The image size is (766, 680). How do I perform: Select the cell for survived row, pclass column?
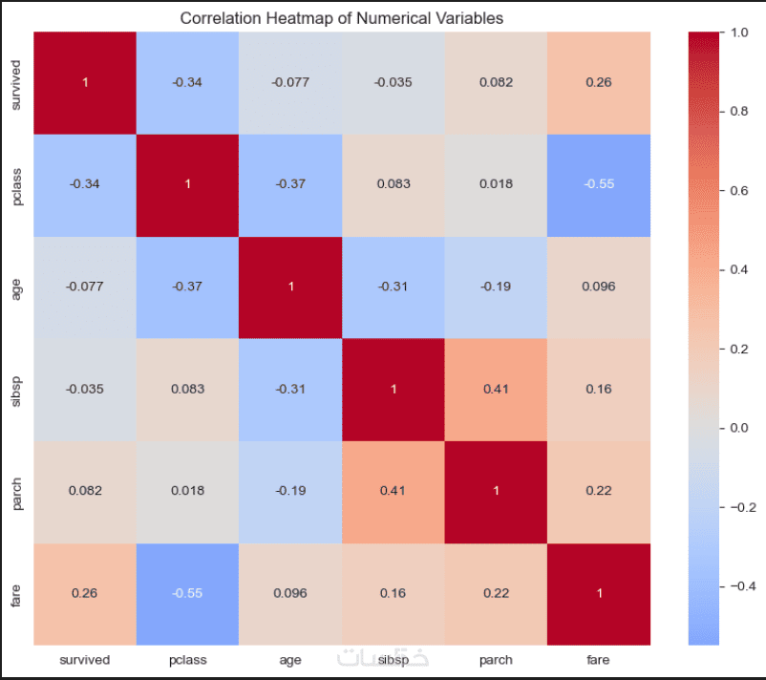click(187, 82)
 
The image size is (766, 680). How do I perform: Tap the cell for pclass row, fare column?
click(598, 184)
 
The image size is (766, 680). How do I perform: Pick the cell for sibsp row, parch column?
click(496, 389)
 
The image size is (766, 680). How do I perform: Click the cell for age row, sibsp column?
click(393, 287)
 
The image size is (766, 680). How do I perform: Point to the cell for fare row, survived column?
click(85, 593)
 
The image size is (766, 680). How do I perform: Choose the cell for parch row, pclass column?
click(187, 491)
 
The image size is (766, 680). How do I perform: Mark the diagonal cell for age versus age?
click(290, 287)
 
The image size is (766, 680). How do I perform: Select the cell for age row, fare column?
click(598, 287)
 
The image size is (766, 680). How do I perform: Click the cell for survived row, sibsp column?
click(393, 82)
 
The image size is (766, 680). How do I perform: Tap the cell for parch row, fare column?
click(598, 491)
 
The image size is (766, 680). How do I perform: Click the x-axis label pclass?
click(187, 660)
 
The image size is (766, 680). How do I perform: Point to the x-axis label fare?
click(598, 660)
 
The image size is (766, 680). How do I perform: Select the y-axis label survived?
click(15, 82)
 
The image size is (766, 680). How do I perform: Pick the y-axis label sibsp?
click(15, 389)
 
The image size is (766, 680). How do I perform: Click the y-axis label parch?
click(15, 491)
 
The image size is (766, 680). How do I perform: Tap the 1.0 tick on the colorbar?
click(740, 32)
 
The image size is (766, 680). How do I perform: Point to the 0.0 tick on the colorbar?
click(740, 427)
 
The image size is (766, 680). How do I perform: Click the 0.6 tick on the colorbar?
click(740, 190)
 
